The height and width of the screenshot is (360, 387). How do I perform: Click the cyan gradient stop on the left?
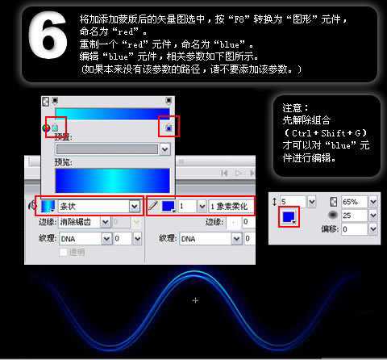55,128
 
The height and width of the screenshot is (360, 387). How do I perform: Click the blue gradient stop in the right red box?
169,127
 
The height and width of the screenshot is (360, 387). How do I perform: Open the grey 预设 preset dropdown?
113,149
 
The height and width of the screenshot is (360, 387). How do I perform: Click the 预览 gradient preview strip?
112,179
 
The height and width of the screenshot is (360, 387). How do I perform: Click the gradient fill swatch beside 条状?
48,207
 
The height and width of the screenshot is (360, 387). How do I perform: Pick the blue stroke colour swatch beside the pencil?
167,207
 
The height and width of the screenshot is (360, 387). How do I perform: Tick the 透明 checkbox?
64,252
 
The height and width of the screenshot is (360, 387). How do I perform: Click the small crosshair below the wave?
195,300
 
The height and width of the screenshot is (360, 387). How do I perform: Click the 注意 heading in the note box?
293,107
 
